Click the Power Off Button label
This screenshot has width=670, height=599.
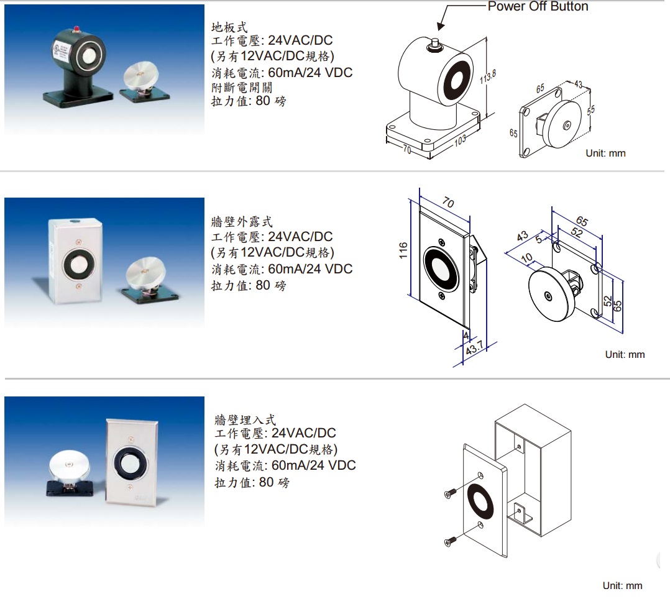coord(538,7)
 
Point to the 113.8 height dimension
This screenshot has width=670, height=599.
coord(489,77)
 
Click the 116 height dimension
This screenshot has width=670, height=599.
coord(403,250)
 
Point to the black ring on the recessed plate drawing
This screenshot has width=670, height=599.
coord(482,500)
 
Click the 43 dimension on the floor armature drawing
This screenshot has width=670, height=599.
coord(578,85)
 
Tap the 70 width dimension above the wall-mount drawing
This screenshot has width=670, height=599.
coord(447,203)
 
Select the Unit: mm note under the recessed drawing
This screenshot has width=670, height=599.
coord(622,585)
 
